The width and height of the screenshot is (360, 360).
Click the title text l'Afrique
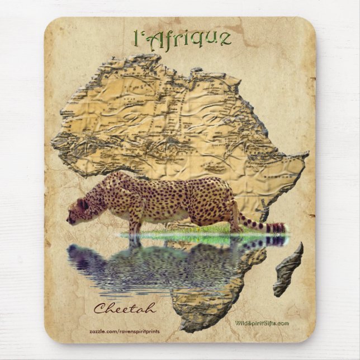pyautogui.click(x=182, y=38)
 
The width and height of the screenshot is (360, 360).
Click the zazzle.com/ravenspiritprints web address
pyautogui.click(x=124, y=331)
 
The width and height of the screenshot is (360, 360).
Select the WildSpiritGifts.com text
pyautogui.click(x=262, y=323)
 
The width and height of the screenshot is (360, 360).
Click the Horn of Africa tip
pyautogui.click(x=305, y=155)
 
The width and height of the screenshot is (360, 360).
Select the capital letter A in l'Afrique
pyautogui.click(x=153, y=37)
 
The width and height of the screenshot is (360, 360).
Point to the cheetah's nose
pyautogui.click(x=69, y=219)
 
